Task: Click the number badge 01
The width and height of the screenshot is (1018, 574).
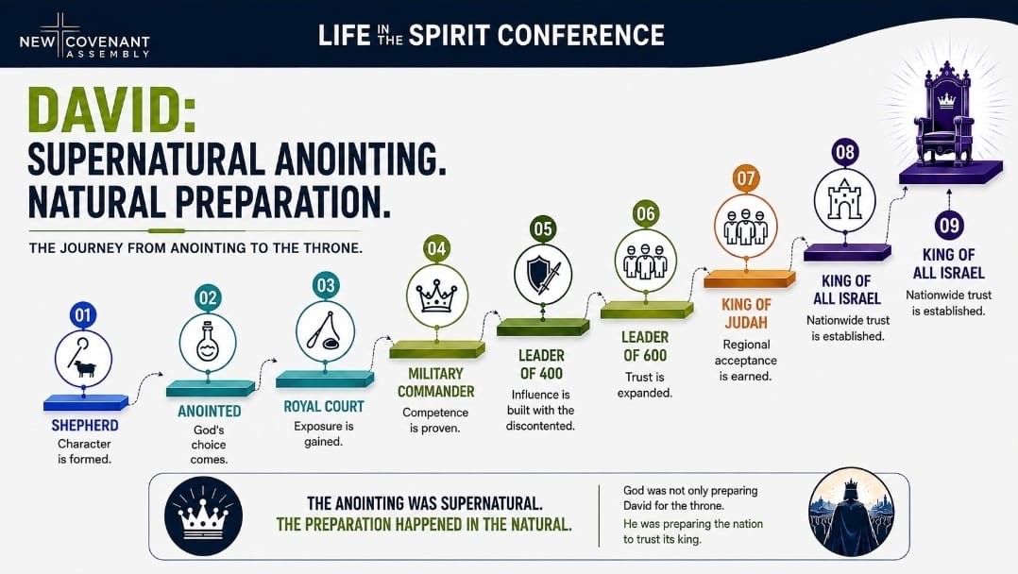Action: point(82,315)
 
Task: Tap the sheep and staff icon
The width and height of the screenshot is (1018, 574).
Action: point(83,359)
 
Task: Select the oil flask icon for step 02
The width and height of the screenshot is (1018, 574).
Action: point(208,342)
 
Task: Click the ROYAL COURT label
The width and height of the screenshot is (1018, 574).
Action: point(324,407)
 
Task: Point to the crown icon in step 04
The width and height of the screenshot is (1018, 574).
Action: point(436,295)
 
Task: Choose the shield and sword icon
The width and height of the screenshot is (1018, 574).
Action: point(543,275)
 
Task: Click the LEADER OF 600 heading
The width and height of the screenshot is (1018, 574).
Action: point(645,346)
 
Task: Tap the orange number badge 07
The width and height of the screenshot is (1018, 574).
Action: point(745,178)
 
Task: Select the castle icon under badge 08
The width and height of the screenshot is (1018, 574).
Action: point(844,200)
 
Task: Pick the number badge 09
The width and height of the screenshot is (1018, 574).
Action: point(948,226)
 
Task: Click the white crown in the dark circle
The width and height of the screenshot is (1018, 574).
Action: point(204,516)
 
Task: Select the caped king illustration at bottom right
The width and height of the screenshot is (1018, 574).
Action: point(851,513)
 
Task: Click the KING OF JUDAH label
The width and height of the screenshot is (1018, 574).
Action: point(746,313)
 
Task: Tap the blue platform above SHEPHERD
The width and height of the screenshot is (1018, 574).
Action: point(85,402)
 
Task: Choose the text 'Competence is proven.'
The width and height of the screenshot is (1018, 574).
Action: point(435,420)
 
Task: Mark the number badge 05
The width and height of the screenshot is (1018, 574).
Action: point(543,229)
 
